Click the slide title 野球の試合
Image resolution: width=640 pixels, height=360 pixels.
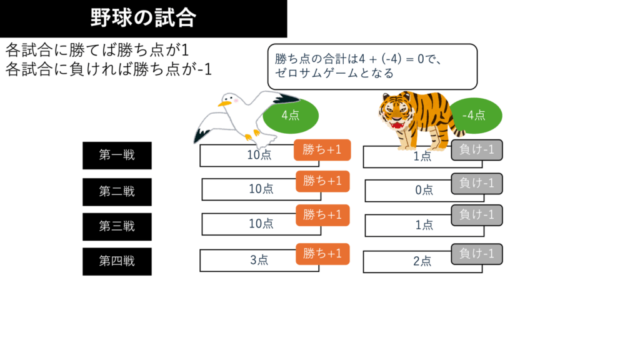[143, 18]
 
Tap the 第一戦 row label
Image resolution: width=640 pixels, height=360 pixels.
[117, 155]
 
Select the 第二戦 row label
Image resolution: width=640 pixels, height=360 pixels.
[117, 191]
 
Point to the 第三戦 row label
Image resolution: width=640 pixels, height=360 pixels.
[117, 226]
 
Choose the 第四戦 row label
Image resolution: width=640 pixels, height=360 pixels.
[117, 261]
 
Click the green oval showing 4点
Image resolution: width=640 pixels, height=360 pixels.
[291, 115]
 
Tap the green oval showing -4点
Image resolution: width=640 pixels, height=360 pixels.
[474, 115]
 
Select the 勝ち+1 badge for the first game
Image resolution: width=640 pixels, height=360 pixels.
[322, 150]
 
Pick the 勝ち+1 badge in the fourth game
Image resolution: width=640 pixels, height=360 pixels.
[322, 254]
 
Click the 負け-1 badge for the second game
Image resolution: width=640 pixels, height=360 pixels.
[477, 183]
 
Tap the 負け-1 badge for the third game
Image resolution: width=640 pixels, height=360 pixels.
[477, 215]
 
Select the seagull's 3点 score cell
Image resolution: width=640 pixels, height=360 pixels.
[259, 261]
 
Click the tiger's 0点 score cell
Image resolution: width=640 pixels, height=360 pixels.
[424, 191]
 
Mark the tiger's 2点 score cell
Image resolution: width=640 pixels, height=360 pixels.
[422, 262]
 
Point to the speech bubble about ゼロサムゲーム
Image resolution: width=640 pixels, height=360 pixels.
[372, 66]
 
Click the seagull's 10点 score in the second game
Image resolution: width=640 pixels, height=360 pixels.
[261, 189]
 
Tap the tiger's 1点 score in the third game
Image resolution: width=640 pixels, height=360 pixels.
[424, 226]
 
